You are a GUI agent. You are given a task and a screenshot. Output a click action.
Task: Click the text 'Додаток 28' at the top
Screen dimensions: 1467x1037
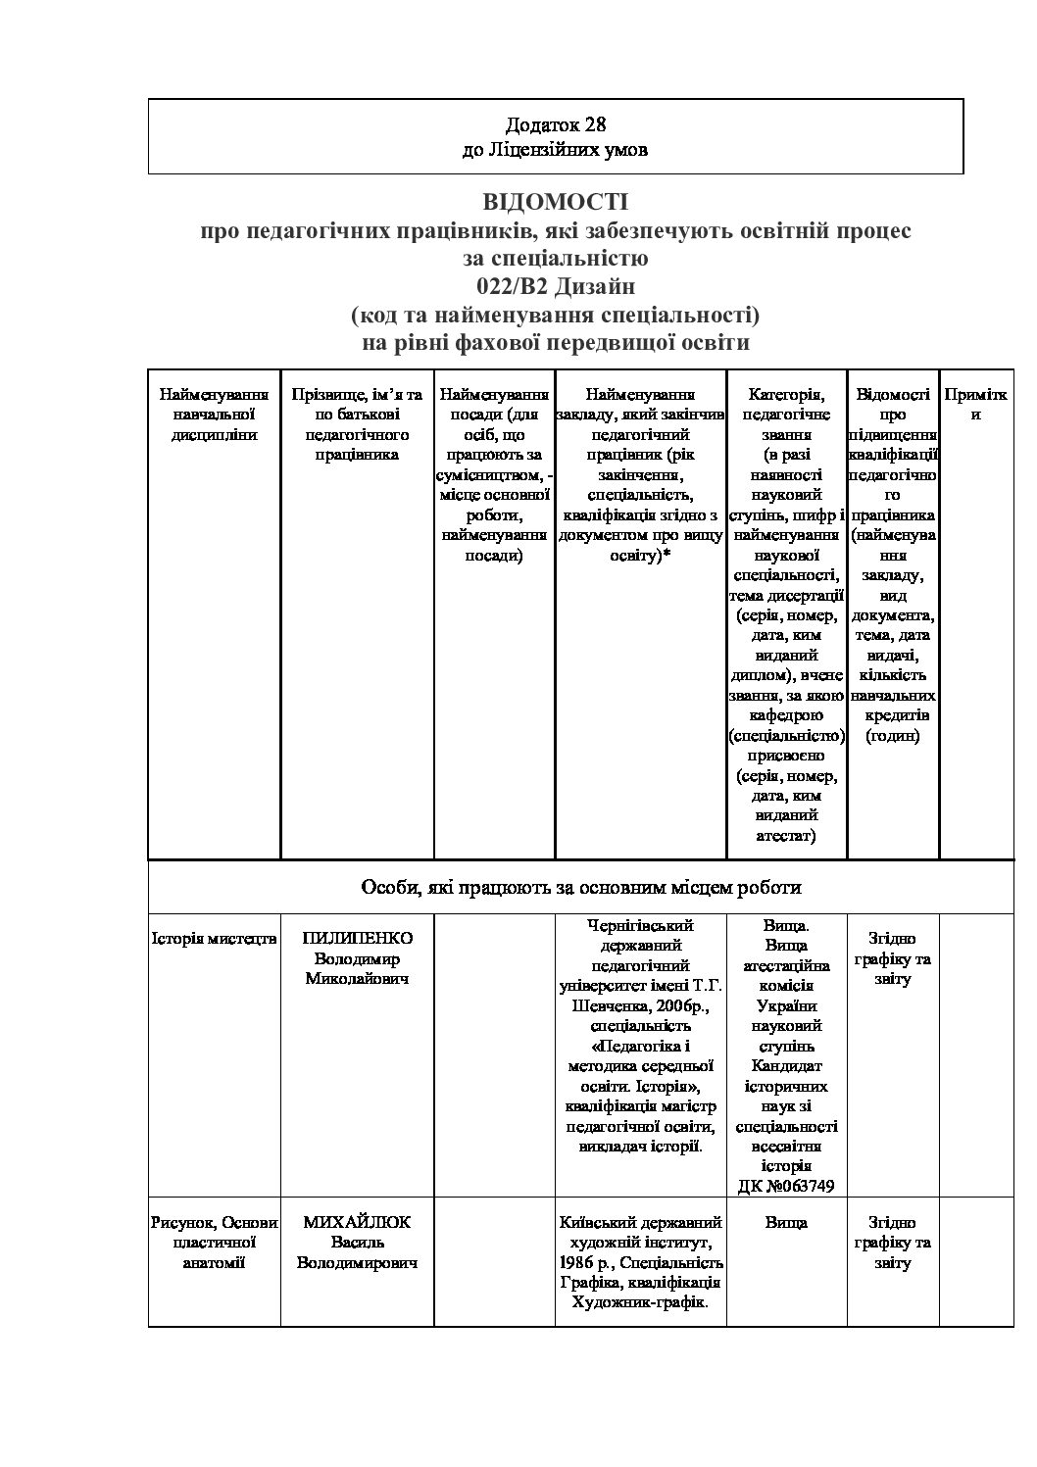[x=555, y=124]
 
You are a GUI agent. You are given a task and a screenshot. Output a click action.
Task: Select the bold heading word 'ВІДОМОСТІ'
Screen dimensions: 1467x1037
[x=555, y=202]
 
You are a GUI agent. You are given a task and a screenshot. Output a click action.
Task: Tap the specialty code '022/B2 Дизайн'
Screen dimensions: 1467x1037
[x=555, y=287]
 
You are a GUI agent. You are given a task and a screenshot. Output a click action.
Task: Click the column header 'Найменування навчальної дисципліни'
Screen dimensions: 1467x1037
[x=214, y=415]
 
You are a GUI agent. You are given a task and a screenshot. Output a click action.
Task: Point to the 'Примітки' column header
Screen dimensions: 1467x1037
[x=975, y=404]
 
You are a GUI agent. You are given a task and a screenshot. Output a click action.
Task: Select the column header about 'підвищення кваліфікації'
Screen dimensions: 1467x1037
[x=892, y=564]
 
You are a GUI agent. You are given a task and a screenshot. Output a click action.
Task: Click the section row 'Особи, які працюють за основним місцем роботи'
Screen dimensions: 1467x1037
[x=581, y=888]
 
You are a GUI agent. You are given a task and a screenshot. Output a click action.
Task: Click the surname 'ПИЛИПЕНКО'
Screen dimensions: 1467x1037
[x=357, y=938]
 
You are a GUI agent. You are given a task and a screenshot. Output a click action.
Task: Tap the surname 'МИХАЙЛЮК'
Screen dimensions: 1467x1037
[x=357, y=1222]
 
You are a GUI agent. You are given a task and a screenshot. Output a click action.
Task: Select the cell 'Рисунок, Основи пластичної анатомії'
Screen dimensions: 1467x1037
[x=214, y=1242]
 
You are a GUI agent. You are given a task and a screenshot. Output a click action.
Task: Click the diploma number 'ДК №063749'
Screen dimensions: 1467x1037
[x=786, y=1187]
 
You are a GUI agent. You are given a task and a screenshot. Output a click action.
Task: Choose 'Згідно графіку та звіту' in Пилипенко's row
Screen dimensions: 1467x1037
[x=892, y=957]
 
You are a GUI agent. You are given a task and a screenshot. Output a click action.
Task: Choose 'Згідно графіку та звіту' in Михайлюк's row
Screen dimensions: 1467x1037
[x=892, y=1242]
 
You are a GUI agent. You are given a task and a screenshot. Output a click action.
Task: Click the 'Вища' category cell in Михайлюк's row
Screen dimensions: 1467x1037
[x=786, y=1222]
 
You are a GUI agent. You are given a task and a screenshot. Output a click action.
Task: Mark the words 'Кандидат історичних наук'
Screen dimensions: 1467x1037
[x=786, y=1086]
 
